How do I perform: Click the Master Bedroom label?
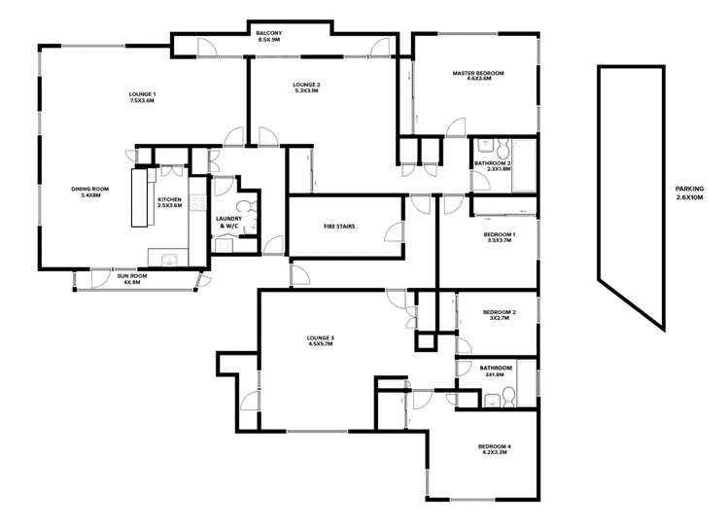pos(478,73)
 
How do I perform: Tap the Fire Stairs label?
pos(339,226)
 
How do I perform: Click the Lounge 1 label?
pos(143,93)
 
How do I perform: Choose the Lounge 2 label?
pos(306,86)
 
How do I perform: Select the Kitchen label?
pos(170,200)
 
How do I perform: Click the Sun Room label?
pos(131,275)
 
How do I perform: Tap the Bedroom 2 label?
pos(500,312)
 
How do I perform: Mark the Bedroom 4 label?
pos(495,445)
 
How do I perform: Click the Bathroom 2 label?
pos(493,162)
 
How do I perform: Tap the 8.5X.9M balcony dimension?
pos(268,41)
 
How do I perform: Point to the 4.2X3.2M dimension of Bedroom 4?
pos(495,452)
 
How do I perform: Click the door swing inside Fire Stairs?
pos(393,230)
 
